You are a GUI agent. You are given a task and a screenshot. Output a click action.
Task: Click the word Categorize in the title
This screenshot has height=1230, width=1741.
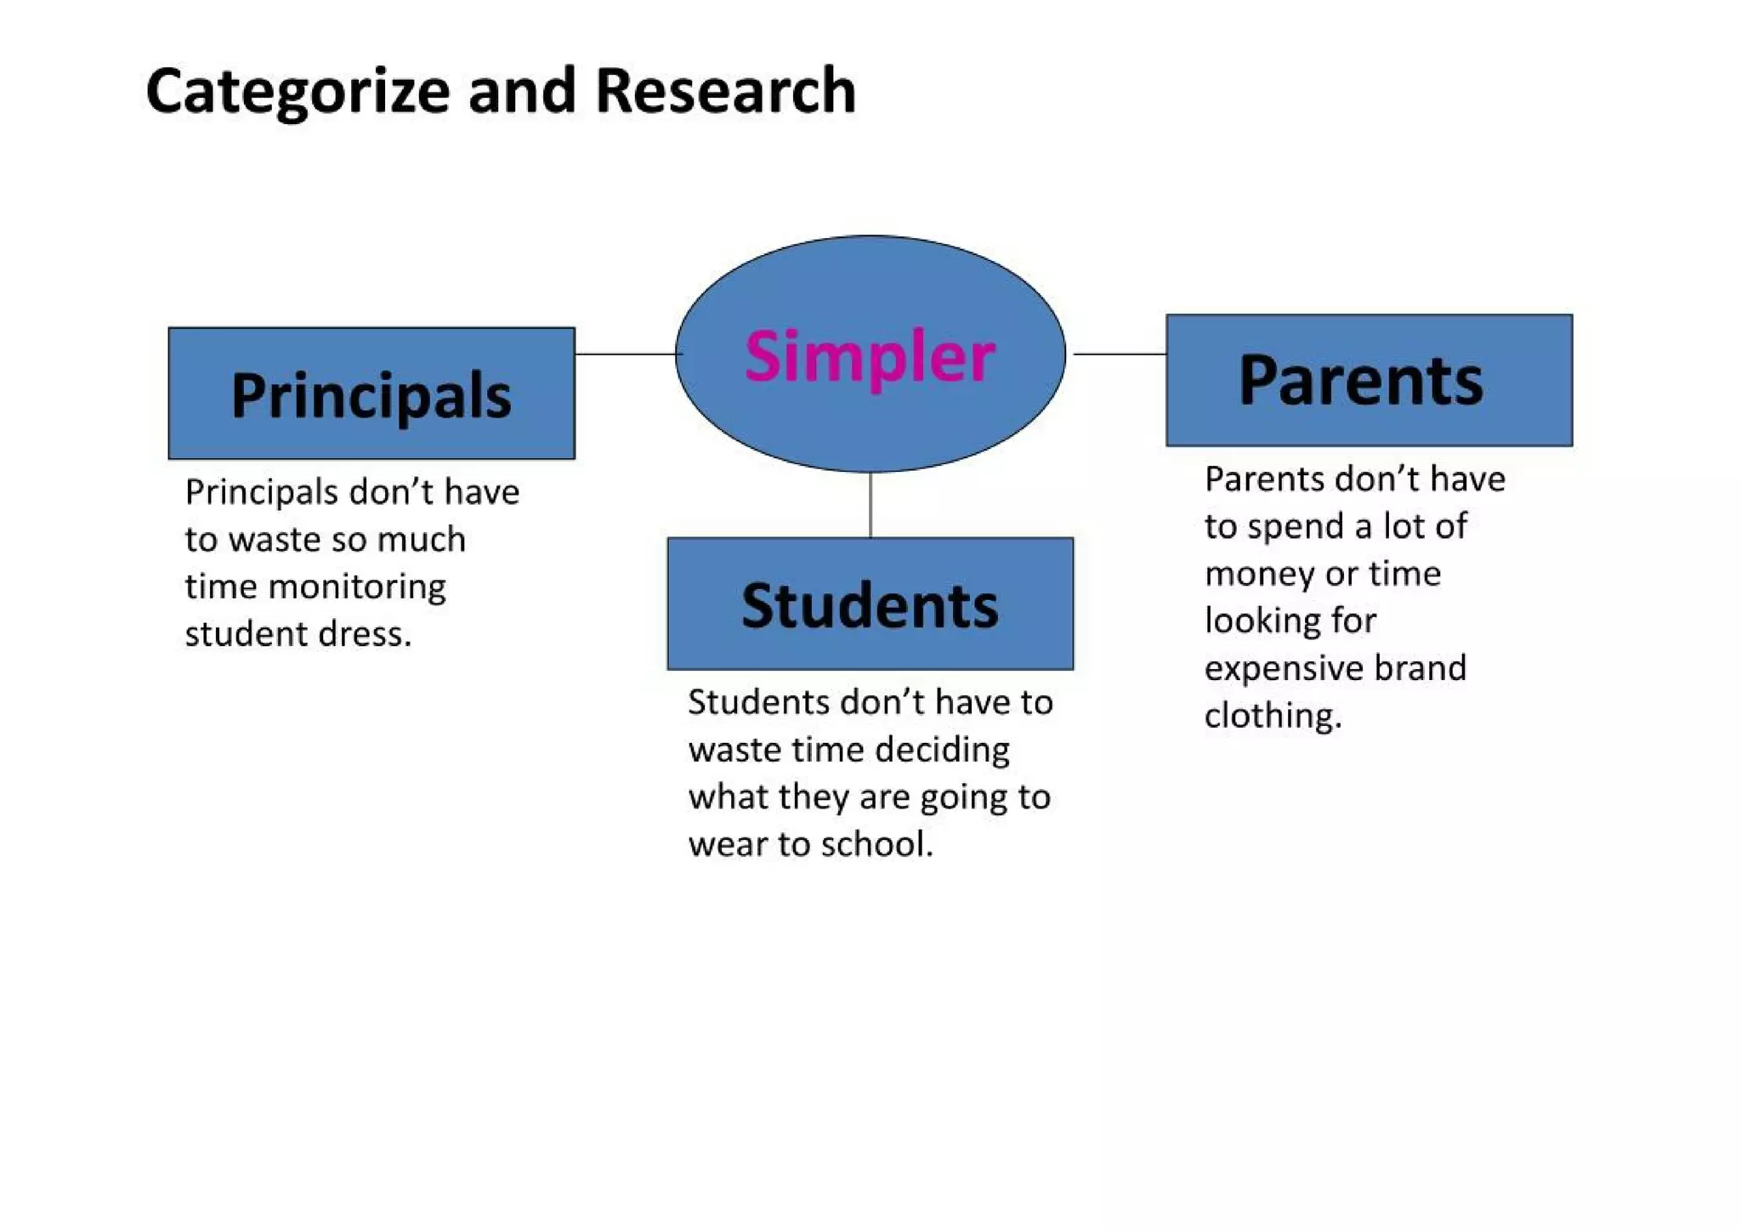tap(298, 92)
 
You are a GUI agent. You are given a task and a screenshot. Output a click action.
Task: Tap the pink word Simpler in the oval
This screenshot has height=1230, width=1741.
tap(869, 357)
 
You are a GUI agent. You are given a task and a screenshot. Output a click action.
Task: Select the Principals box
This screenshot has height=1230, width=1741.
tap(371, 394)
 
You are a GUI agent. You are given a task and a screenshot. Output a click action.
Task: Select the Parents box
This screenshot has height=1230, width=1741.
tap(1369, 380)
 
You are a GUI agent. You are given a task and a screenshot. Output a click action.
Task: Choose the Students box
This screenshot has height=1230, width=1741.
tap(870, 604)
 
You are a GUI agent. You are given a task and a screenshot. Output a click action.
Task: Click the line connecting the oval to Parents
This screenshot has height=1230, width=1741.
tap(1119, 354)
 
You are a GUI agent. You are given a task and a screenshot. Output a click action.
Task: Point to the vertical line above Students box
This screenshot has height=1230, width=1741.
tap(870, 505)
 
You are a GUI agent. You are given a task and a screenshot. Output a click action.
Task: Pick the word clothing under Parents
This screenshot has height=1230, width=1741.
tap(1273, 716)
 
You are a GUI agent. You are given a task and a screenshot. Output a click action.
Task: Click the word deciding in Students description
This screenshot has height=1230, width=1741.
tap(942, 750)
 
